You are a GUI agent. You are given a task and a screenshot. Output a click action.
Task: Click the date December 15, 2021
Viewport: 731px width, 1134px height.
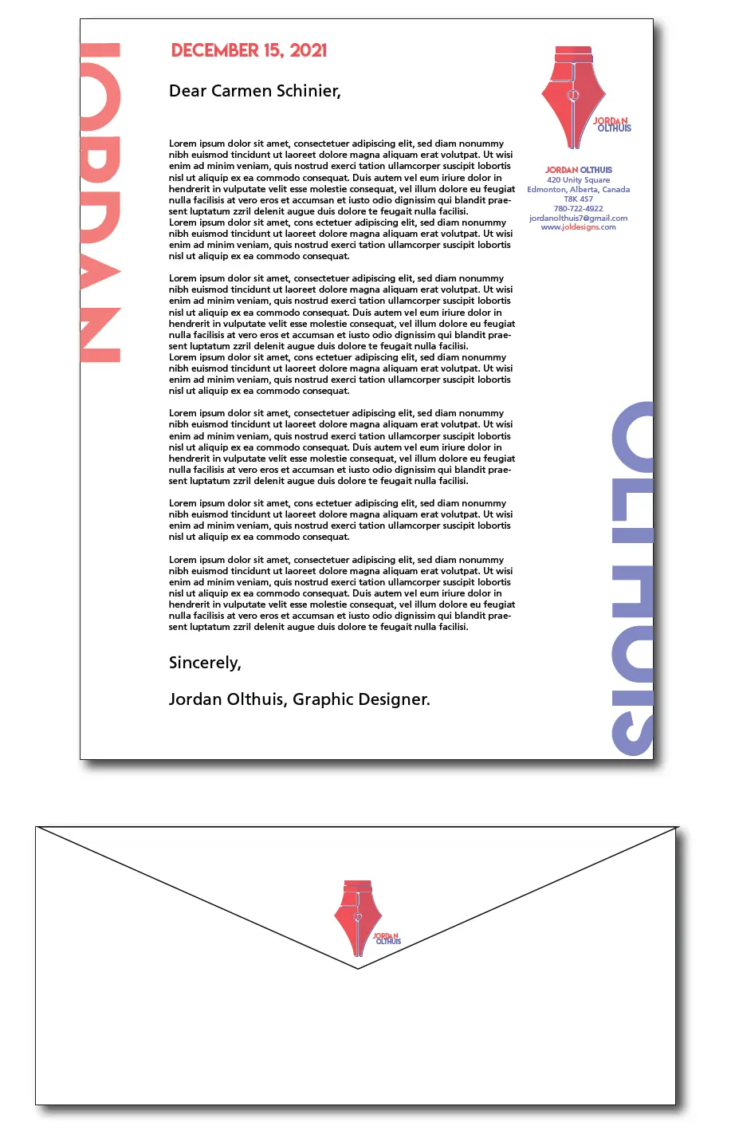point(249,50)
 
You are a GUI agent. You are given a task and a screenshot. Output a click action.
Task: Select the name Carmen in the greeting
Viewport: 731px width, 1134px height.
point(242,91)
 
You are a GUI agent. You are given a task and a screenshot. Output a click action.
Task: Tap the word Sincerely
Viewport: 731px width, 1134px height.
point(204,663)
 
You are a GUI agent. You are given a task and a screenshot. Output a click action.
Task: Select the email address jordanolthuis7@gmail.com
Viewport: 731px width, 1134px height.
point(578,218)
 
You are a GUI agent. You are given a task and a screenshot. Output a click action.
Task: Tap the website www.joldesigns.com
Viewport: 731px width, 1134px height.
point(578,227)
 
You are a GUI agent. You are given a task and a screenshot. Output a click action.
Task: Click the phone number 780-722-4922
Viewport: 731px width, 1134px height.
point(578,208)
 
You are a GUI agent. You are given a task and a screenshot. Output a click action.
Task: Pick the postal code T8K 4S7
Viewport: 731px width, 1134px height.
point(578,199)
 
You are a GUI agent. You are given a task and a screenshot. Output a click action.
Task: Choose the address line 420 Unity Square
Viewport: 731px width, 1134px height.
point(578,179)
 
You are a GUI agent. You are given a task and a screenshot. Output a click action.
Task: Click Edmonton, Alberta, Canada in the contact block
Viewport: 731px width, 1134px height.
point(578,189)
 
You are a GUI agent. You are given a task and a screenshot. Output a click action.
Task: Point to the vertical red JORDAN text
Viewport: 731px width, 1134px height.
point(101,203)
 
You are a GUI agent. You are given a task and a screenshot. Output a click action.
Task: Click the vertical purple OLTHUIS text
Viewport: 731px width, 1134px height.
point(633,578)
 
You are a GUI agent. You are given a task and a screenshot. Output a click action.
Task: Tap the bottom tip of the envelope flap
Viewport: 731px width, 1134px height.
point(358,967)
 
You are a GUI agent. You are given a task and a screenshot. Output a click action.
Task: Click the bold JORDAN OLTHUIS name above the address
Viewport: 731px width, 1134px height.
point(578,170)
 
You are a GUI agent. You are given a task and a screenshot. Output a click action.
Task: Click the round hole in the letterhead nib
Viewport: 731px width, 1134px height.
point(572,96)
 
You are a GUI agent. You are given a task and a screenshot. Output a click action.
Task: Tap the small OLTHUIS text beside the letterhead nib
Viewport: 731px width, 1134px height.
point(614,128)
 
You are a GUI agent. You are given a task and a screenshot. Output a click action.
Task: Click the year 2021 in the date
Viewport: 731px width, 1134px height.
point(309,50)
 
